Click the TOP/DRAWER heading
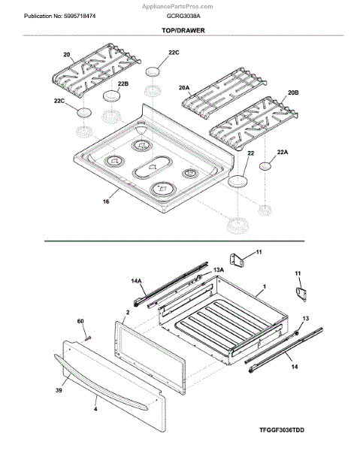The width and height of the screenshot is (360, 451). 183,30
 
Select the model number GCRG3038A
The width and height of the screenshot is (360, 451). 183,16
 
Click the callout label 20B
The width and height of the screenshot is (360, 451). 293,92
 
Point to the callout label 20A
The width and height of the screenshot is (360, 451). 184,88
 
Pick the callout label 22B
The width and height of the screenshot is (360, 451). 123,83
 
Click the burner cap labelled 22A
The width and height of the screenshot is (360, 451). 265,166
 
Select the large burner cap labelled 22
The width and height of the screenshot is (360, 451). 237,181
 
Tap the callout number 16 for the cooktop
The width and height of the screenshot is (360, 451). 106,201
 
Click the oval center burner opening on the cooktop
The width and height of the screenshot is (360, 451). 152,167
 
